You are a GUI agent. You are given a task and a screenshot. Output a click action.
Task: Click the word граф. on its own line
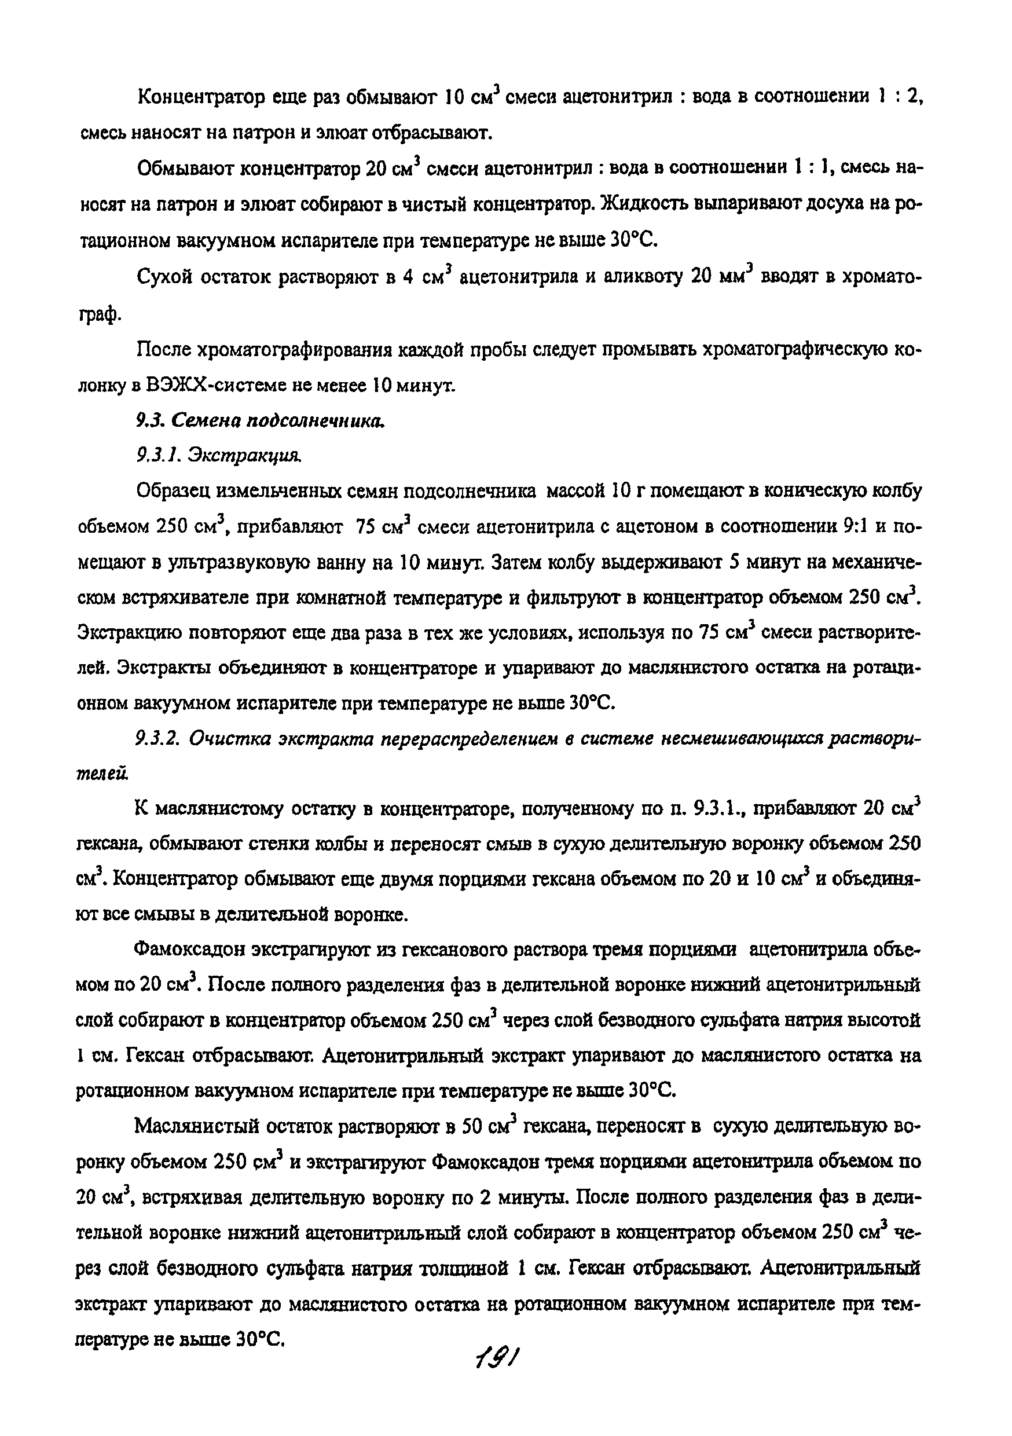coord(98,316)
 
